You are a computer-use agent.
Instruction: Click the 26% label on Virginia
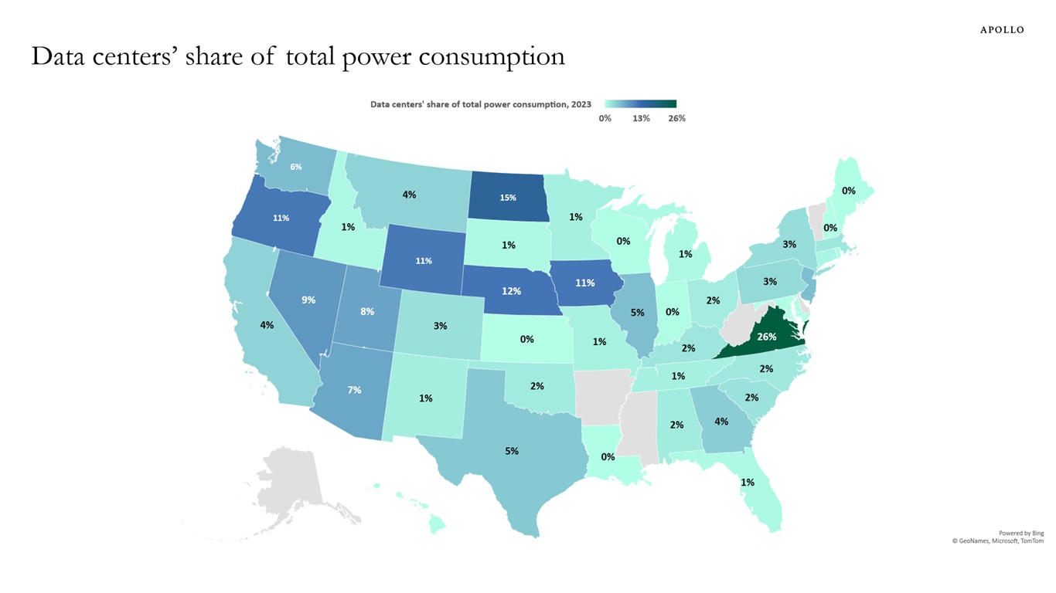767,337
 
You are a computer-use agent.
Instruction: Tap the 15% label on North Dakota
508,198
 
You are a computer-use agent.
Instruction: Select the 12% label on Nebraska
511,291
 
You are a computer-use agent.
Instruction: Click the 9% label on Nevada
308,300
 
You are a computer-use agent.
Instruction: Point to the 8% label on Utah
367,311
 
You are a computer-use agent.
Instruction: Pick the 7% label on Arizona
354,390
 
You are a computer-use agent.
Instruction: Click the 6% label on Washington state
296,167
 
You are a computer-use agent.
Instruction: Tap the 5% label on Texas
512,450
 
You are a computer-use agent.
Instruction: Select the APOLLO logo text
1002,30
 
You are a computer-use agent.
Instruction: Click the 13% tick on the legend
641,118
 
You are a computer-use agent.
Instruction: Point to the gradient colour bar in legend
641,103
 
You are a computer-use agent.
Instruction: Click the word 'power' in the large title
372,56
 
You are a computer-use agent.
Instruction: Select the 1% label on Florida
748,482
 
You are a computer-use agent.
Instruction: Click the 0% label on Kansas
526,339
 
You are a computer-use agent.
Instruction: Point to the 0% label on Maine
848,190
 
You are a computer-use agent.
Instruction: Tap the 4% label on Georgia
721,421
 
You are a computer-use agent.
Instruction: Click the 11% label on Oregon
281,218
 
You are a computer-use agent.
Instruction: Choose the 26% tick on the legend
676,118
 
